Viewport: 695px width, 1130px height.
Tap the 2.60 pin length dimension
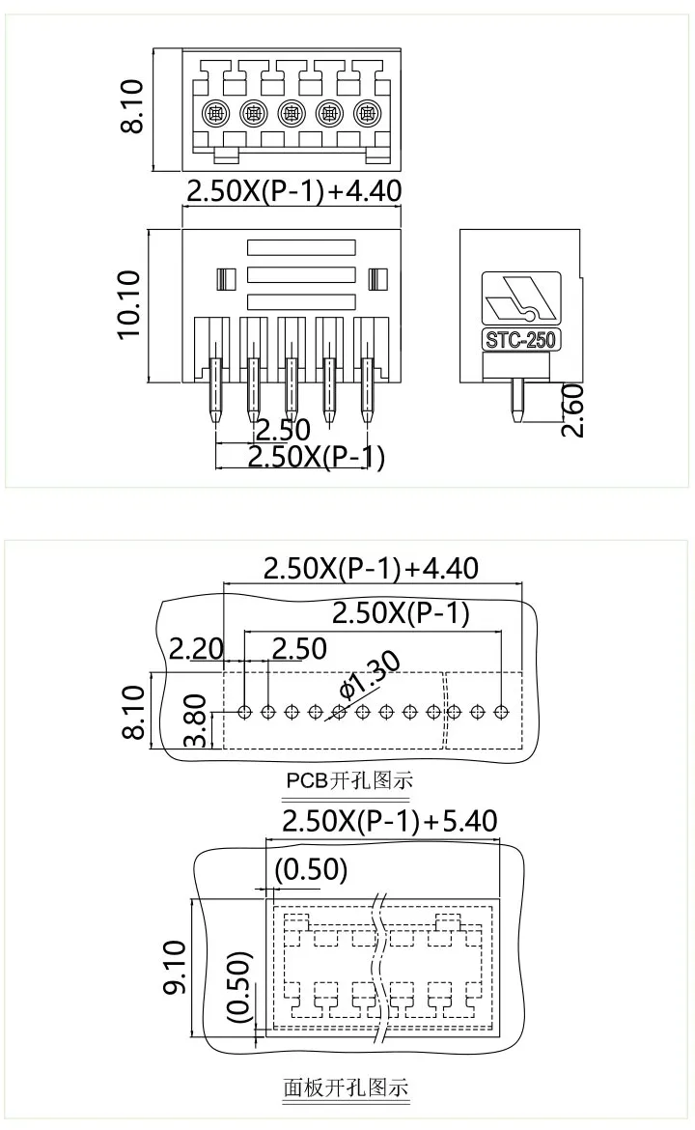[573, 410]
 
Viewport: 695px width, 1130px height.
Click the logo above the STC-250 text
[520, 299]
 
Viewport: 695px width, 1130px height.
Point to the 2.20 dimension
[196, 648]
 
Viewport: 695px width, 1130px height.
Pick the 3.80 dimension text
[197, 720]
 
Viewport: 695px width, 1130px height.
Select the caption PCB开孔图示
[343, 780]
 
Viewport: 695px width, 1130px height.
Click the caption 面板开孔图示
[346, 1088]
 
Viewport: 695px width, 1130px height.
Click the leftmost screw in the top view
[215, 115]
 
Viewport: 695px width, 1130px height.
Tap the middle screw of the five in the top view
[292, 115]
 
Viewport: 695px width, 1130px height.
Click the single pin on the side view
[518, 401]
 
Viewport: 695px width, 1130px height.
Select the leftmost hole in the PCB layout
[245, 713]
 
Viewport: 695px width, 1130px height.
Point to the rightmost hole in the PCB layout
[500, 713]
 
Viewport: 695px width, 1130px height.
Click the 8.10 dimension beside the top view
[129, 107]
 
